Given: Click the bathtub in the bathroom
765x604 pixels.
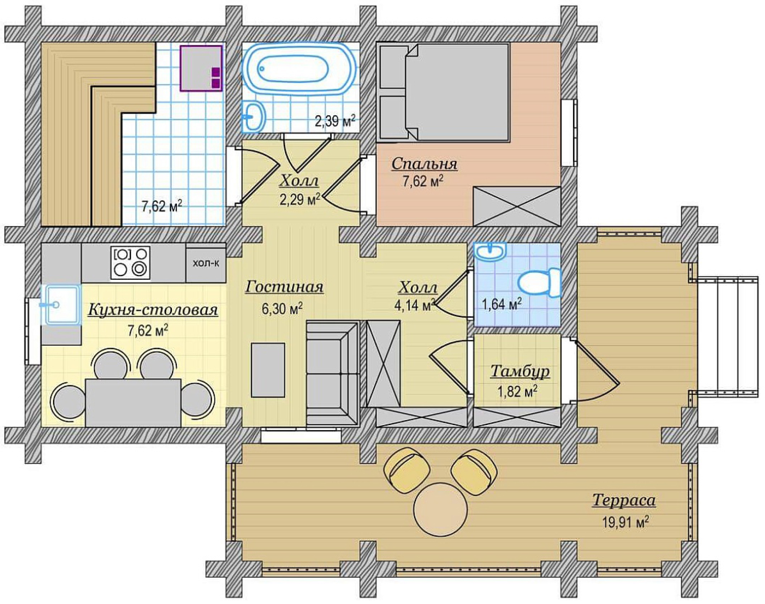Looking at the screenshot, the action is (x=299, y=69).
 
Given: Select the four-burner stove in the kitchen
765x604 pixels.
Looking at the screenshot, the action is (x=131, y=262).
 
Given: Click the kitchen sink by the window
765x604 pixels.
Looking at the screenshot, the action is (x=61, y=304).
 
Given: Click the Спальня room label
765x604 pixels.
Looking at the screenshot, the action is (x=424, y=164).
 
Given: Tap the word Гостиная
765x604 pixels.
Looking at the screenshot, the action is (x=284, y=287).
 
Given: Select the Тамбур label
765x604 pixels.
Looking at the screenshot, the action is (x=520, y=371).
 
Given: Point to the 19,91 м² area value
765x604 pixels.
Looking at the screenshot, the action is (x=625, y=522).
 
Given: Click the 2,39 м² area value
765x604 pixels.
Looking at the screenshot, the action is (x=335, y=121).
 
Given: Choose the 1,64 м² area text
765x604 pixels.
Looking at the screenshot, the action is (x=502, y=304).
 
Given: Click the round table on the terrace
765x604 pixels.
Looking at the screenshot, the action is (x=440, y=509).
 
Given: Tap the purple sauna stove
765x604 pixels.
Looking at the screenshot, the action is (x=202, y=68).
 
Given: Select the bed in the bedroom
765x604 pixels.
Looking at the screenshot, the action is (x=444, y=92).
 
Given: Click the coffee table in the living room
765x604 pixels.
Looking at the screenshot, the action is (x=268, y=370).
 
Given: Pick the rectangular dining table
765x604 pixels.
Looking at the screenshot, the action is (x=133, y=403).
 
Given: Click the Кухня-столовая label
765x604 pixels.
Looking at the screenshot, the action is (x=153, y=309).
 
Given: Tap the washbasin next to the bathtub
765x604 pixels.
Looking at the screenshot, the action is (x=254, y=116).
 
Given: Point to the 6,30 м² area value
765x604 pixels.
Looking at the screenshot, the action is (x=282, y=309).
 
